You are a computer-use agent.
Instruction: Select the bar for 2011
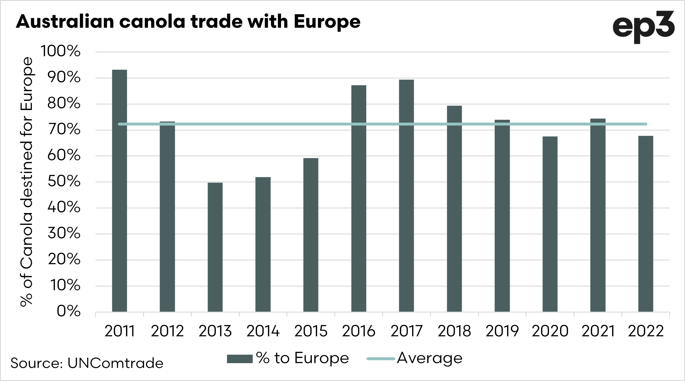click(119, 190)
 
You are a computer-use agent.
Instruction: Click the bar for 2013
click(215, 247)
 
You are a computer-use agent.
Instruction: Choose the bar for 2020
click(550, 224)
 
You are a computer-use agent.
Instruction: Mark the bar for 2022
click(646, 224)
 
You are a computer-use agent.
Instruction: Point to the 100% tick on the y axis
click(61, 52)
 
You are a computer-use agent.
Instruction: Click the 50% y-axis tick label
click(64, 182)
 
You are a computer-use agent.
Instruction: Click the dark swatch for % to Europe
click(240, 359)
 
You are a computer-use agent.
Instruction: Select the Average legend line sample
click(381, 359)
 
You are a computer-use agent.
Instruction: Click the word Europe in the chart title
click(327, 22)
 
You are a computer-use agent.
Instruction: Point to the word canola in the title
click(152, 22)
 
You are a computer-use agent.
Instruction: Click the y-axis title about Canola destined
click(27, 181)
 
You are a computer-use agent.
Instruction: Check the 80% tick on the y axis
click(64, 104)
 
